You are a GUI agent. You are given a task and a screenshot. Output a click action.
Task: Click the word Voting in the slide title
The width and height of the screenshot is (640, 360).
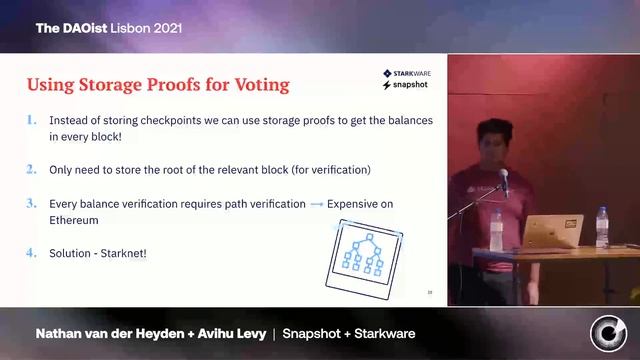point(258,84)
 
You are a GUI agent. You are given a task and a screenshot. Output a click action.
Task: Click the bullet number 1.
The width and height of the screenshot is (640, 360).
point(32,121)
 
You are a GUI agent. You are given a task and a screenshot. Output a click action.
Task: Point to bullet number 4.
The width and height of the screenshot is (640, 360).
point(32,253)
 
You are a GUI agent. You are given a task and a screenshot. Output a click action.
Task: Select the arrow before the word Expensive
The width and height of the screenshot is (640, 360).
point(316,204)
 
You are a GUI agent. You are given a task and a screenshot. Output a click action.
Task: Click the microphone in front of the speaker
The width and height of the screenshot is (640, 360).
point(504,181)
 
